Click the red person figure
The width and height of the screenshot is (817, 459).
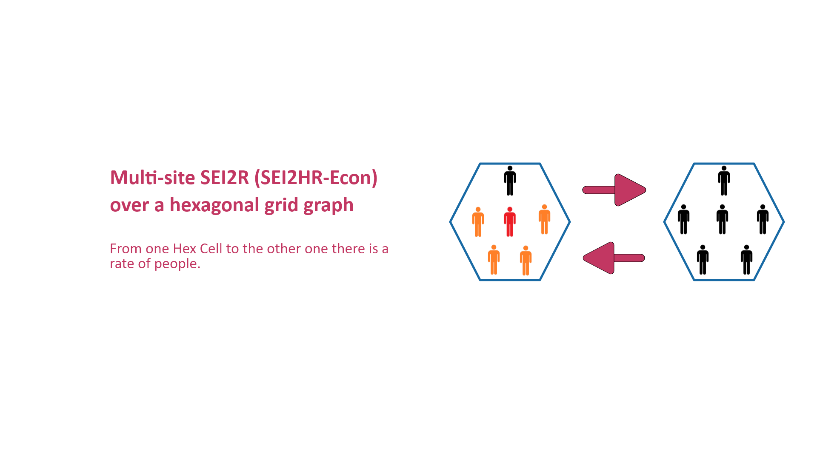510,221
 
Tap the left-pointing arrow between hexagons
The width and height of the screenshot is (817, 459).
614,258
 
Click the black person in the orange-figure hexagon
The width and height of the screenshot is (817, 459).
510,181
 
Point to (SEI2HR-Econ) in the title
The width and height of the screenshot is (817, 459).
316,178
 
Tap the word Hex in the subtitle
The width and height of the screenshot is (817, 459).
184,249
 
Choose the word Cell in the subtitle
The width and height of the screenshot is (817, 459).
211,249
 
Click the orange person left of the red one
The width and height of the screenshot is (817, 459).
478,221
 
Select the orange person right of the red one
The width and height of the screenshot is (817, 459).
544,219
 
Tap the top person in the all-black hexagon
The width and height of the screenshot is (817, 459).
724,181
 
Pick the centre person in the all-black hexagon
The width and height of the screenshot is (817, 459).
722,219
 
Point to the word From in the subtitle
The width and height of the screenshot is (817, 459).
125,249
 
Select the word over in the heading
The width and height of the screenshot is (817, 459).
129,206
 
